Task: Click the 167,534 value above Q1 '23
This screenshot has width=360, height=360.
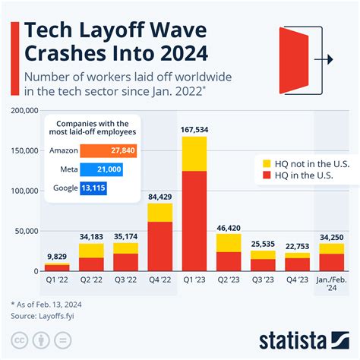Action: tap(194, 129)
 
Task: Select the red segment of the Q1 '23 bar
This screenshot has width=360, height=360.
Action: tap(194, 220)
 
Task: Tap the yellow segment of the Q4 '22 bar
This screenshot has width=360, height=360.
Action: tap(159, 212)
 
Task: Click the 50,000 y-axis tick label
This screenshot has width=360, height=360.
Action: tap(25, 230)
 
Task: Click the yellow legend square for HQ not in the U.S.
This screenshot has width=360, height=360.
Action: tap(266, 163)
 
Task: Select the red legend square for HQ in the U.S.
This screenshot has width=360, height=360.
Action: tap(266, 175)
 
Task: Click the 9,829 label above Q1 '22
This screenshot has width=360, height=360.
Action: tap(57, 256)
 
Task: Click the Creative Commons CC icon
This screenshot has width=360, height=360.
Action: tap(17, 338)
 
